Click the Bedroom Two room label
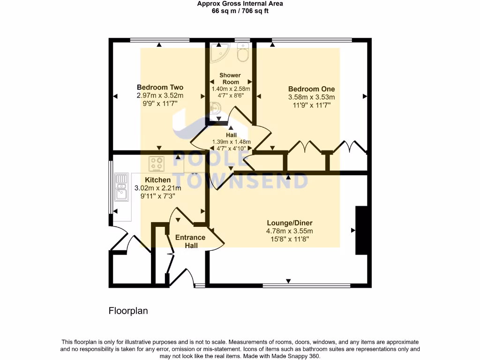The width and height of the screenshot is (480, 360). pyautogui.click(x=160, y=87)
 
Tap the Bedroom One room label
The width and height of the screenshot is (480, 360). pyautogui.click(x=311, y=89)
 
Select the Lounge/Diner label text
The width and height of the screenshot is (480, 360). pyautogui.click(x=290, y=223)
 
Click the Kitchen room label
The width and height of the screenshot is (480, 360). pyautogui.click(x=157, y=180)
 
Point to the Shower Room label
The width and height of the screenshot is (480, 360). pyautogui.click(x=230, y=79)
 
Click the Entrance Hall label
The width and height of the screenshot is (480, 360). pyautogui.click(x=190, y=241)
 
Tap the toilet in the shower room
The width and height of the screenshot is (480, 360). pyautogui.click(x=243, y=53)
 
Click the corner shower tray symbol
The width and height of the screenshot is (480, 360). pyautogui.click(x=217, y=52)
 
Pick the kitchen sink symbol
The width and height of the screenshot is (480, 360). pyautogui.click(x=121, y=186)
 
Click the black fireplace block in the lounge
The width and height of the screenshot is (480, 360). pyautogui.click(x=361, y=230)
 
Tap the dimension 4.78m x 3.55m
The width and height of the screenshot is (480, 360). pyautogui.click(x=290, y=231)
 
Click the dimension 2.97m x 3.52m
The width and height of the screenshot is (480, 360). pyautogui.click(x=160, y=96)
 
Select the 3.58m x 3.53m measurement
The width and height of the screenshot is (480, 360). pyautogui.click(x=311, y=97)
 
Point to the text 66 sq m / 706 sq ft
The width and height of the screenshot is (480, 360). pyautogui.click(x=240, y=11)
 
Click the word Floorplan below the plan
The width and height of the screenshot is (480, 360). pyautogui.click(x=128, y=311)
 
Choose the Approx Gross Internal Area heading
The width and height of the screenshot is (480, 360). pyautogui.click(x=240, y=4)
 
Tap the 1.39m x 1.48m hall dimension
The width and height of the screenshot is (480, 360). pyautogui.click(x=232, y=142)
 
